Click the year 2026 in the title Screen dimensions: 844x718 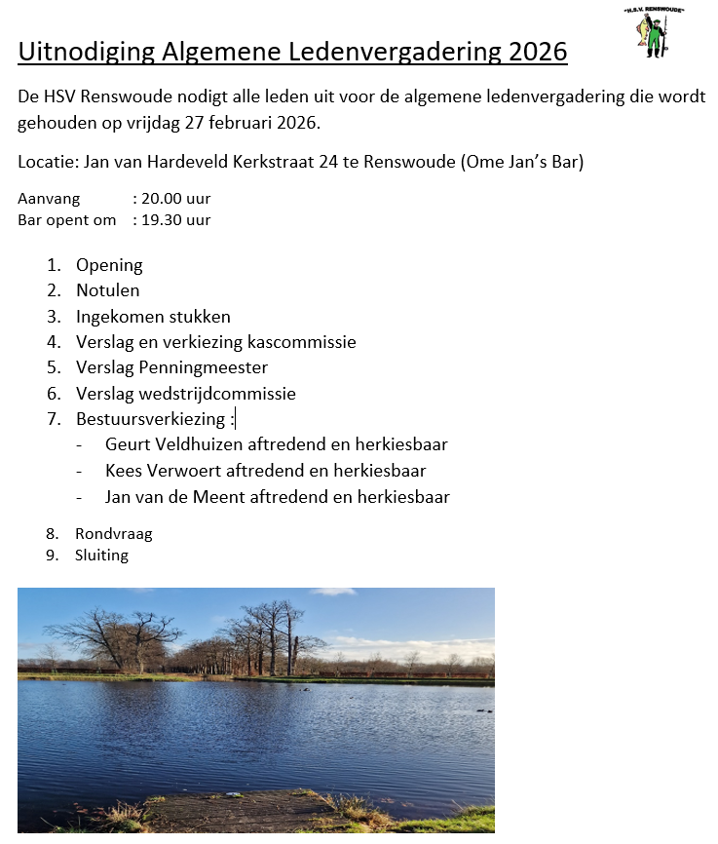539,52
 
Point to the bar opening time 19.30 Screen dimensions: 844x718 162,220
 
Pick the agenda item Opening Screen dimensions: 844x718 109,265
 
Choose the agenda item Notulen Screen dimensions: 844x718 108,290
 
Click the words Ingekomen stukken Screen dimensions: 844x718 153,317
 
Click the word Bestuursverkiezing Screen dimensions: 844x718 151,420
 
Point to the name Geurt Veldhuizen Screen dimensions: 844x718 172,445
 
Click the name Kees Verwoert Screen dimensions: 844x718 163,471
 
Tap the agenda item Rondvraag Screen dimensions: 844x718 113,534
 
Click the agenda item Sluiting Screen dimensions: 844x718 101,556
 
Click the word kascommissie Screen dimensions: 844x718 302,342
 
